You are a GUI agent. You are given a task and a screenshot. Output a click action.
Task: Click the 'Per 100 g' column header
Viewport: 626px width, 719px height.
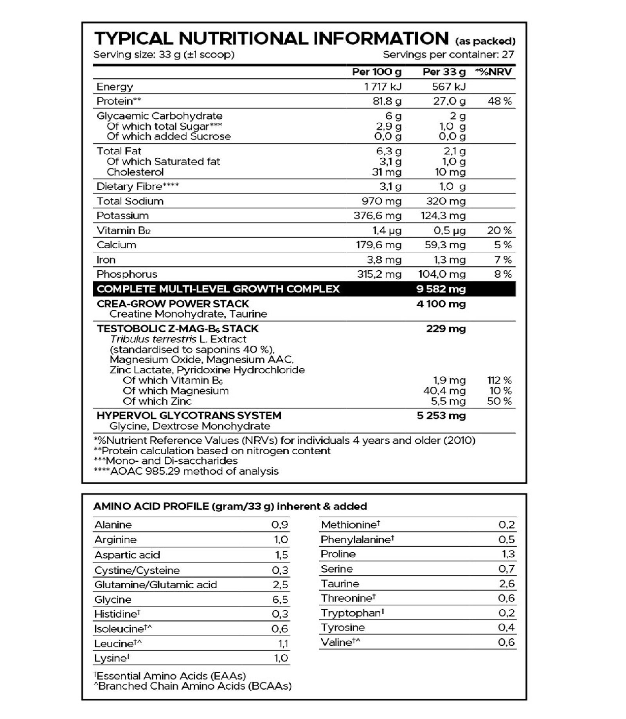[x=376, y=72]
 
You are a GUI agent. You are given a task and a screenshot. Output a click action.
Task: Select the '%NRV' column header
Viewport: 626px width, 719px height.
[x=494, y=72]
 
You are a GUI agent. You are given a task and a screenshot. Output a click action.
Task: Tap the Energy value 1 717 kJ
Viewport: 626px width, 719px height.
[x=383, y=87]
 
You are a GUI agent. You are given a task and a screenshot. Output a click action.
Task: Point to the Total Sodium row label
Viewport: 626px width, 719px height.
[x=130, y=201]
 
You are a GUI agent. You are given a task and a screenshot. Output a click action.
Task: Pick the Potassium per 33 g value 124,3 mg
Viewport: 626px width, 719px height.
[x=443, y=216]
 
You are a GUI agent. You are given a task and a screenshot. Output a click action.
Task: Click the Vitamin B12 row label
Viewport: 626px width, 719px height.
[x=124, y=230]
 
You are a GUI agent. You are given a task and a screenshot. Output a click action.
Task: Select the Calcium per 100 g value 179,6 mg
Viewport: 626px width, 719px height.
[x=378, y=245]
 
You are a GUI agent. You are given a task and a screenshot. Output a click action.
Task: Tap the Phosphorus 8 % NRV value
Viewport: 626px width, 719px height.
[x=503, y=274]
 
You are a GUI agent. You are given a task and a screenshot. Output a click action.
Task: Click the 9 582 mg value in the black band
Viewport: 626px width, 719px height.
[x=441, y=289]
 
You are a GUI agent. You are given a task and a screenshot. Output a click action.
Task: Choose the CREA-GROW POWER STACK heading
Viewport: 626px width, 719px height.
[x=173, y=304]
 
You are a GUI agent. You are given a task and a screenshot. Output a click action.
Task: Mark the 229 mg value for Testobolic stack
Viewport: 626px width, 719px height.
[x=446, y=329]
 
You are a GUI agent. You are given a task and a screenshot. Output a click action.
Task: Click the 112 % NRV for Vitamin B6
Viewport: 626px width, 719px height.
[x=499, y=380]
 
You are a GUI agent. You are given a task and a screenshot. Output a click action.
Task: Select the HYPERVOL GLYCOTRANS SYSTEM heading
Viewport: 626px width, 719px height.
[x=189, y=416]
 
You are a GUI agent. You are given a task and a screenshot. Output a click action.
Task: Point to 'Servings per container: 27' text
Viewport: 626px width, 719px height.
[x=448, y=54]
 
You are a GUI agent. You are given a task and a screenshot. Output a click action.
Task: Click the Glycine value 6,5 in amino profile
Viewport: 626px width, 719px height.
[x=280, y=600]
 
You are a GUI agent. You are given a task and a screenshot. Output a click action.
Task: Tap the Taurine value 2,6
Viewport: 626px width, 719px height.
[x=507, y=584]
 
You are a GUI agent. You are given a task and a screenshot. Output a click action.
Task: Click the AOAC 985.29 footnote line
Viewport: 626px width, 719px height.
[x=186, y=471]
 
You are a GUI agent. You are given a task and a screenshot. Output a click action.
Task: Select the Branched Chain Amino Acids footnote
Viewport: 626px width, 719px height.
[x=192, y=686]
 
